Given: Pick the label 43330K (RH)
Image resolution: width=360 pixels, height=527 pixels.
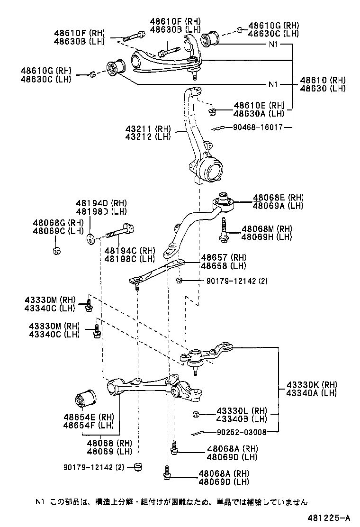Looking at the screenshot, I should tap(310, 384).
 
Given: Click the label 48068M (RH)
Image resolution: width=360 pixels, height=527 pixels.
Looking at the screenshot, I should tap(267, 228).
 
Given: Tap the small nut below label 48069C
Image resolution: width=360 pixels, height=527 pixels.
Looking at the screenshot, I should tap(57, 250).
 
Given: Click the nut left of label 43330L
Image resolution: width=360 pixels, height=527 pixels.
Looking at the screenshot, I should tap(195, 415).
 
